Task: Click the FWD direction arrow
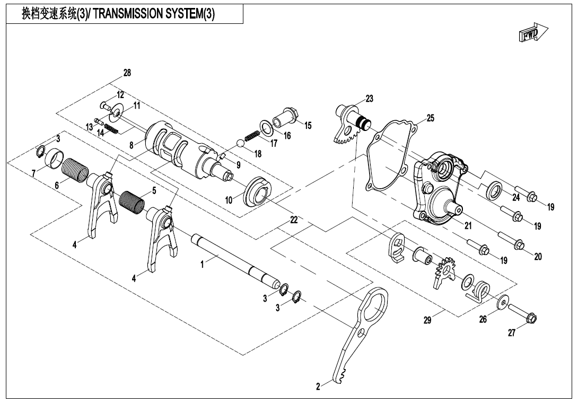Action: (532, 34)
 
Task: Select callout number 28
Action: (127, 73)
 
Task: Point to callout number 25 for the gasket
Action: (430, 118)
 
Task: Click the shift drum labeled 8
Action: (175, 151)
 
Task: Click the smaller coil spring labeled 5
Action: (131, 203)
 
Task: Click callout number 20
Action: (538, 256)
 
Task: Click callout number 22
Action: (294, 220)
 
